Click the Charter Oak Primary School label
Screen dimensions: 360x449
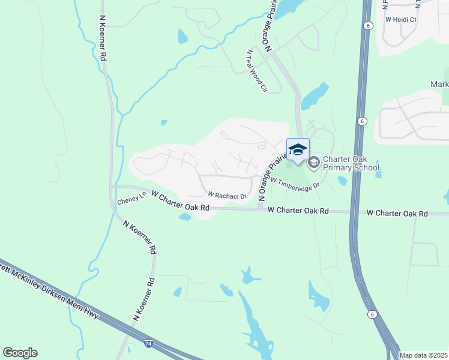[351, 163]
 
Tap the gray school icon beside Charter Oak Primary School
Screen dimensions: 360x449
[313, 163]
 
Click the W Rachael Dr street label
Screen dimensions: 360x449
[228, 196]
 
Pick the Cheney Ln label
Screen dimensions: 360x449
[131, 200]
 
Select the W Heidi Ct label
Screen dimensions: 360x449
[401, 19]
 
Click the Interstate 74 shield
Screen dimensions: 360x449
[148, 344]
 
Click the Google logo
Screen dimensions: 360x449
[20, 352]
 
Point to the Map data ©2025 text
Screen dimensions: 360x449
[423, 355]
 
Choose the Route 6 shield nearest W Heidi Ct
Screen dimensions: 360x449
[366, 25]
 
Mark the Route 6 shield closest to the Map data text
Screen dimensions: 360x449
[372, 314]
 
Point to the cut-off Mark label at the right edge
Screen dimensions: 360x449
[439, 85]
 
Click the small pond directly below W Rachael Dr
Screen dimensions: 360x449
[185, 217]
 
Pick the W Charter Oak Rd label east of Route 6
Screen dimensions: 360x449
[397, 214]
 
